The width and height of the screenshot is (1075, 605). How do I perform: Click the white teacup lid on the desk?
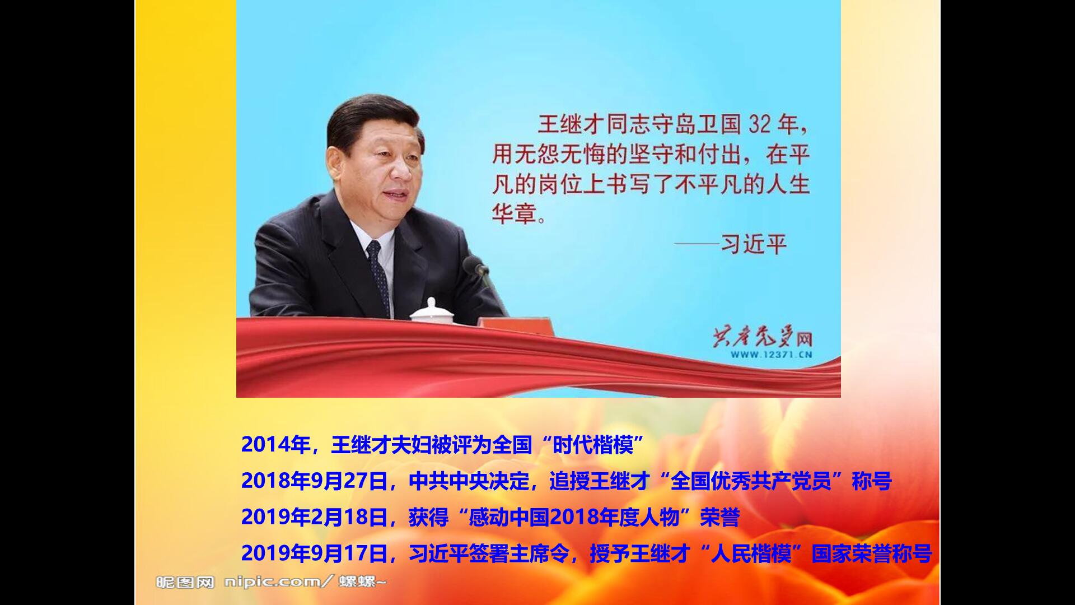click(431, 311)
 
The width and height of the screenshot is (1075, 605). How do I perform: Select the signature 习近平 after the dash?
click(754, 244)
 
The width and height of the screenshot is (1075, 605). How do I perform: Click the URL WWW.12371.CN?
click(771, 355)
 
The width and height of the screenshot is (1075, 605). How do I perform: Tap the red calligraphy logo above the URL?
click(762, 337)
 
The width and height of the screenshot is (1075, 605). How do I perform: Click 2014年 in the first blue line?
click(275, 445)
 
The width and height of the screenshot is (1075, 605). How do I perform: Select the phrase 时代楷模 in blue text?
click(593, 445)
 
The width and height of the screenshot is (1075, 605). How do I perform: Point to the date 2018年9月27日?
click(315, 481)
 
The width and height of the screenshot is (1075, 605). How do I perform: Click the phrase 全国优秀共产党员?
click(751, 481)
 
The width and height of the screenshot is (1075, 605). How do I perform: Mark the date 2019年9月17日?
click(315, 554)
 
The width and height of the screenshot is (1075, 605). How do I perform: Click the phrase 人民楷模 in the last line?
click(751, 554)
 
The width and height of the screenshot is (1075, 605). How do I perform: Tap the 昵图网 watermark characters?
click(185, 583)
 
